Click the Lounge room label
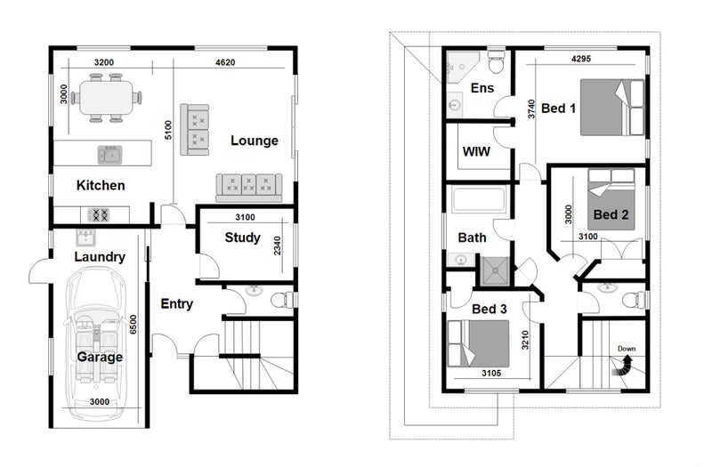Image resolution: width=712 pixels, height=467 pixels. (x=255, y=141)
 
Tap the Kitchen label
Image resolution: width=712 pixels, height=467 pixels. (x=101, y=185)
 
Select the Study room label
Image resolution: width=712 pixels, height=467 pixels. (x=242, y=238)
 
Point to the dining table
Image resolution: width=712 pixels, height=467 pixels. (x=106, y=98)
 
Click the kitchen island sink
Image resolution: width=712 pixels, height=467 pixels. (x=109, y=155)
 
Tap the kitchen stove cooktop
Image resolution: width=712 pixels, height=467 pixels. (x=99, y=214)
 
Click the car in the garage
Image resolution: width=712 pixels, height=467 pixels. (x=96, y=343)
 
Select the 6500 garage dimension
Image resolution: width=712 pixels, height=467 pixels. (x=133, y=325)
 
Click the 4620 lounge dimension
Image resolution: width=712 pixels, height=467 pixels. (x=225, y=62)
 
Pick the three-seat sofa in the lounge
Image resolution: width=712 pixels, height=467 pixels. (x=249, y=188)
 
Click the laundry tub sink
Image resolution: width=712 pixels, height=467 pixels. (x=85, y=238)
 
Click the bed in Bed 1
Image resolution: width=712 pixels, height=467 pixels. (x=612, y=108)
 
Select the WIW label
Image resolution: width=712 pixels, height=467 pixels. (x=476, y=151)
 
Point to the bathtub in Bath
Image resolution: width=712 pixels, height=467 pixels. (x=479, y=198)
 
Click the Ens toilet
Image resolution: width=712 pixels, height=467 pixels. (x=497, y=61)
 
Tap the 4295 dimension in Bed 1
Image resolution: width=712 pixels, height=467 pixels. (x=581, y=59)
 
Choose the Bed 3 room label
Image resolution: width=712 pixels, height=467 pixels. (x=489, y=309)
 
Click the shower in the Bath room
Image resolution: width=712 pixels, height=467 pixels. (x=495, y=271)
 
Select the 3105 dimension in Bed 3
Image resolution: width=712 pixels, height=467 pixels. (x=491, y=373)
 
